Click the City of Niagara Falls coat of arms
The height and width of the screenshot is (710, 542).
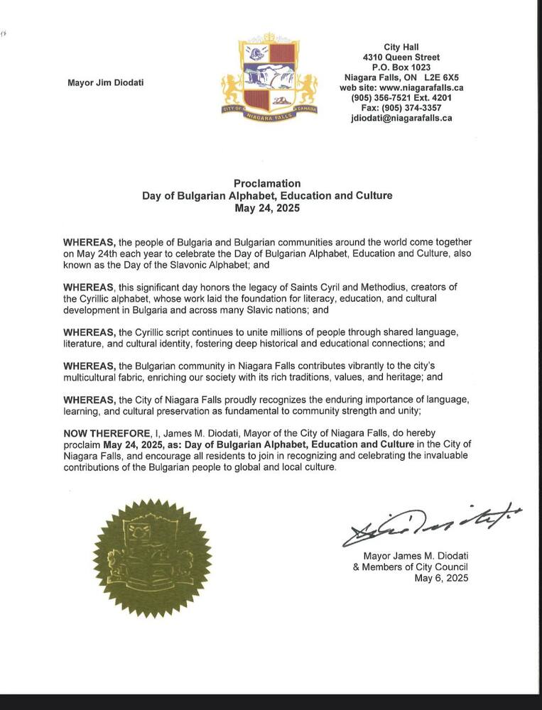point(269,79)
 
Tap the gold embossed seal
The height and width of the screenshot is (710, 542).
point(152,557)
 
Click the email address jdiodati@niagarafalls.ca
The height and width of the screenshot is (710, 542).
point(401,119)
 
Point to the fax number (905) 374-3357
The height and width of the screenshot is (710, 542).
point(401,108)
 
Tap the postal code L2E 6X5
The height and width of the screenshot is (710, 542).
point(441,77)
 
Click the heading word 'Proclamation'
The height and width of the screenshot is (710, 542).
point(267,183)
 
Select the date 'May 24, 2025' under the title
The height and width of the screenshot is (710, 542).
point(267,209)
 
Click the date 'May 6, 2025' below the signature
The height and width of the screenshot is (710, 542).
point(441,578)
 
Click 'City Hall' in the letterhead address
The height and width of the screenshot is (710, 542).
point(401,47)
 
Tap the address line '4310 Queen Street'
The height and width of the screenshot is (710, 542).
point(401,58)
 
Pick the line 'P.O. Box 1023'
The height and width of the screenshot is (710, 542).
point(401,67)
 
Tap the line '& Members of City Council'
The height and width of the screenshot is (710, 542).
point(410,567)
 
